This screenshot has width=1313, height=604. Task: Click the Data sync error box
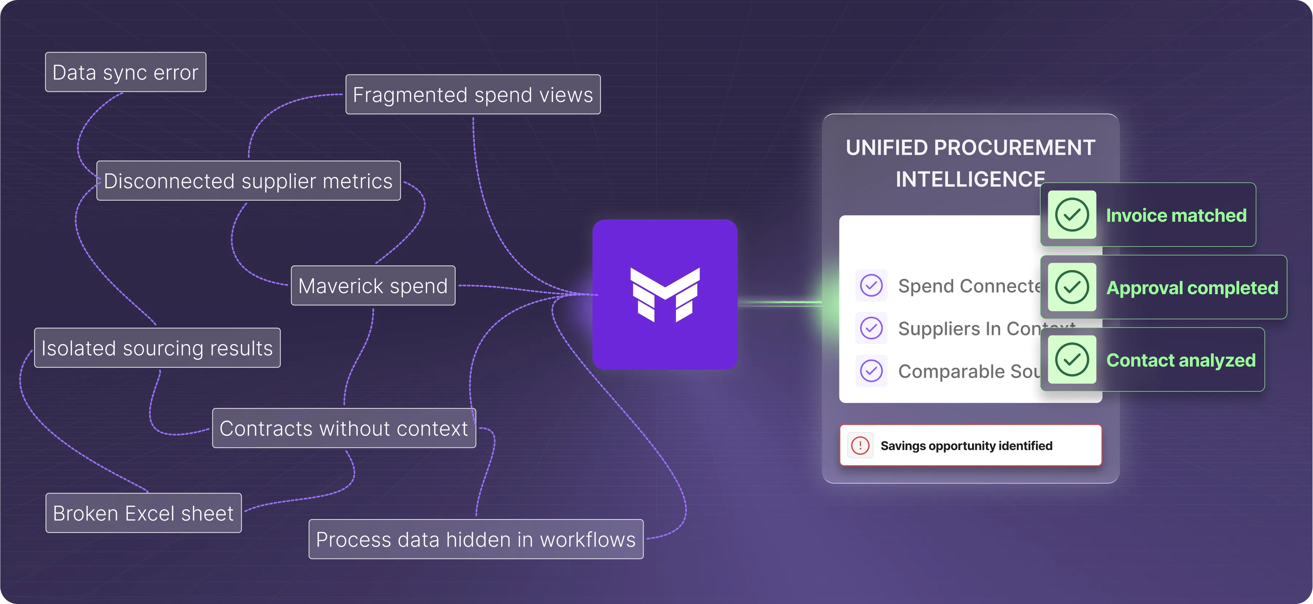125,72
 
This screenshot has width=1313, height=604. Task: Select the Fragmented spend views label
473,95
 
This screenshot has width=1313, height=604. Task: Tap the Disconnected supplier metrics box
248,181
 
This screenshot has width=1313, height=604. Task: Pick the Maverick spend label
373,286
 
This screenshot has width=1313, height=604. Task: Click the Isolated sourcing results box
157,348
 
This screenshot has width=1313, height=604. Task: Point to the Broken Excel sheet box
143,513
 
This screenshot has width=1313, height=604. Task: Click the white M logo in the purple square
665,295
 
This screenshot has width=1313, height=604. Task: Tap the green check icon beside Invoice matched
1072,214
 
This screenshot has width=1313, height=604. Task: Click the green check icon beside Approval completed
1072,287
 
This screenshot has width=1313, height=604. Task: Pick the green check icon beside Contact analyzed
1072,359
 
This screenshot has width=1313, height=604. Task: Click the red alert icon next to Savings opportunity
860,446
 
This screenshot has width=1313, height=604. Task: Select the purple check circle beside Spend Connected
872,285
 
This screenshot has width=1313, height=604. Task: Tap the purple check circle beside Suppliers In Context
872,328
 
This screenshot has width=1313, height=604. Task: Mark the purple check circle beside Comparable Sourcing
872,371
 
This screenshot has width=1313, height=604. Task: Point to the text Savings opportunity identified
966,446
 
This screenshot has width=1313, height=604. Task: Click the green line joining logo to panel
780,303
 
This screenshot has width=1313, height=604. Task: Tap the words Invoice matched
1176,216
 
